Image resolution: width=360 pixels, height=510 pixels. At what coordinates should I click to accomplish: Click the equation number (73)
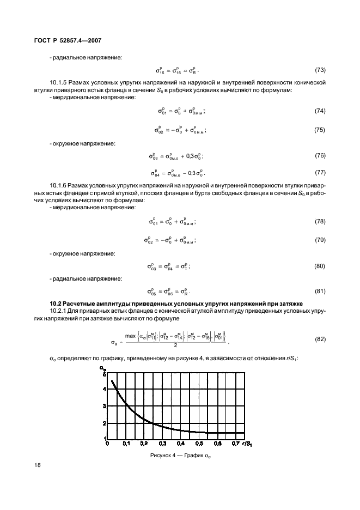tap(320, 70)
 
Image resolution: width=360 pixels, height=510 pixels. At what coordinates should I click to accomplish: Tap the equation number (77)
tap(320, 173)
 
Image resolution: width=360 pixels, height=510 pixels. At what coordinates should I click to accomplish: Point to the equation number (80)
tap(320, 266)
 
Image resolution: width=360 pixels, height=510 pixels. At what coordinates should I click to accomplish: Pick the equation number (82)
tap(320, 339)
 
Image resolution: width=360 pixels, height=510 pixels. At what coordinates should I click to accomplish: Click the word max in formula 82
tap(130, 336)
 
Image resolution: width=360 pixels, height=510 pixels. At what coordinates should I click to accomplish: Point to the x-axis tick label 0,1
tap(126, 444)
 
